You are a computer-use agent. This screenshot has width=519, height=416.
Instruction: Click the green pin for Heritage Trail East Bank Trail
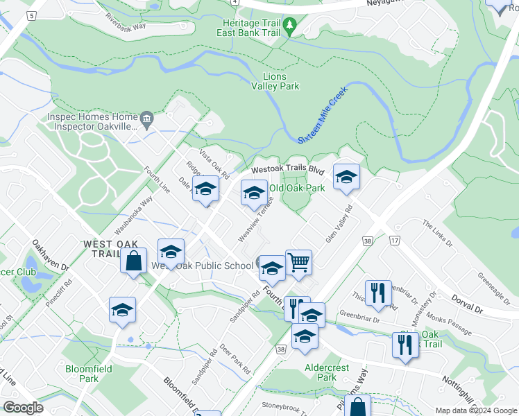tap(291, 28)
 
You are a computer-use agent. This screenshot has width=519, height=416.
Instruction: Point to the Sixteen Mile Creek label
tap(323, 114)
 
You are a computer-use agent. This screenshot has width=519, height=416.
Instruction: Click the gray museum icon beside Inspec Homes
tap(147, 121)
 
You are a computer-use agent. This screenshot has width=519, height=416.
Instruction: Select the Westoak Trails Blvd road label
tap(287, 169)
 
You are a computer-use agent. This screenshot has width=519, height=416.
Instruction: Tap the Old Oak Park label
tap(297, 188)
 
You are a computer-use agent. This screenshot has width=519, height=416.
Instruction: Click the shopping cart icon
tap(298, 263)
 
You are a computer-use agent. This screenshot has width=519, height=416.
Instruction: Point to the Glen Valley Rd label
tap(339, 224)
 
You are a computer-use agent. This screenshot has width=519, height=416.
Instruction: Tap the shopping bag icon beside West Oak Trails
tap(134, 261)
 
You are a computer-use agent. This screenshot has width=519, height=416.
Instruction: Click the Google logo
tap(23, 407)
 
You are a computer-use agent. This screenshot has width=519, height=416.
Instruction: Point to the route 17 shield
tap(395, 239)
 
